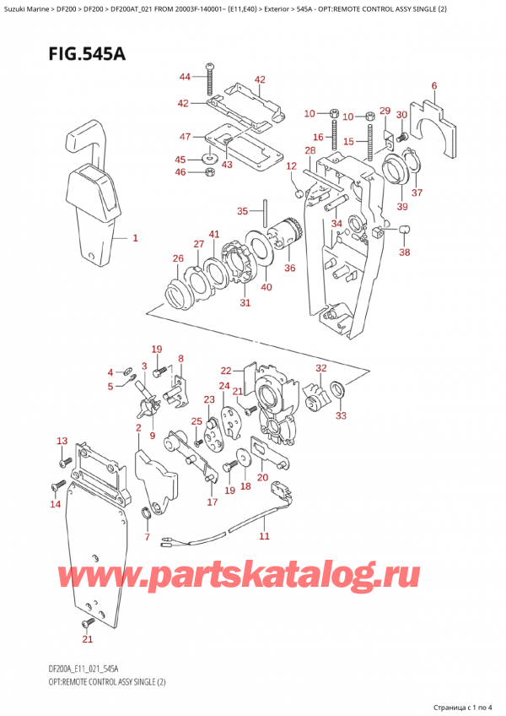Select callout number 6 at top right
(433, 85)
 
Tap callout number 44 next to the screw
(186, 78)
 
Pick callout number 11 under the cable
(264, 536)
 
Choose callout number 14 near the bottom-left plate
(56, 505)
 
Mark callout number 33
(341, 415)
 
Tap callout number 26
(178, 258)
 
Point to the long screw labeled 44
(207, 87)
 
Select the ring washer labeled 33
(336, 389)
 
